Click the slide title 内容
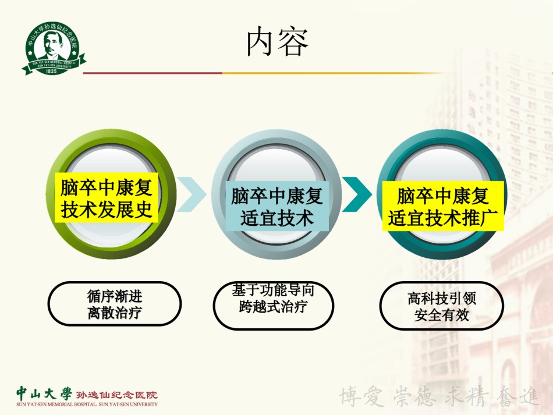tap(277, 42)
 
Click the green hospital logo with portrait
tap(54, 48)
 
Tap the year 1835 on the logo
tap(51, 71)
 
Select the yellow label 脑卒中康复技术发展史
tap(107, 198)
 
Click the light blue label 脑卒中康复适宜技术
tap(277, 206)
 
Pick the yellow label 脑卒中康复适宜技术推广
tap(443, 206)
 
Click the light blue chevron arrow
tap(191, 194)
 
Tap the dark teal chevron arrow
tap(357, 194)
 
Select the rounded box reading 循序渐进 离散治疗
tap(115, 304)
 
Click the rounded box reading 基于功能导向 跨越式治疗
tap(274, 306)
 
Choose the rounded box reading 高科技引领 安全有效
tap(442, 306)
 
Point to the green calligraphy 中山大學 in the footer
tap(44, 393)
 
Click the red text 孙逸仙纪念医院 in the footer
tap(117, 395)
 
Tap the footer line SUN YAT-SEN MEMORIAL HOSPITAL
tap(87, 405)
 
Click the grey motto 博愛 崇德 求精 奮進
tap(439, 396)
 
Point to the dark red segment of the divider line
tap(153, 73)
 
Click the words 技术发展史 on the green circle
tap(107, 210)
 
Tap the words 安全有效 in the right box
tap(442, 315)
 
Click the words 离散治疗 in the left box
tap(115, 313)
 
